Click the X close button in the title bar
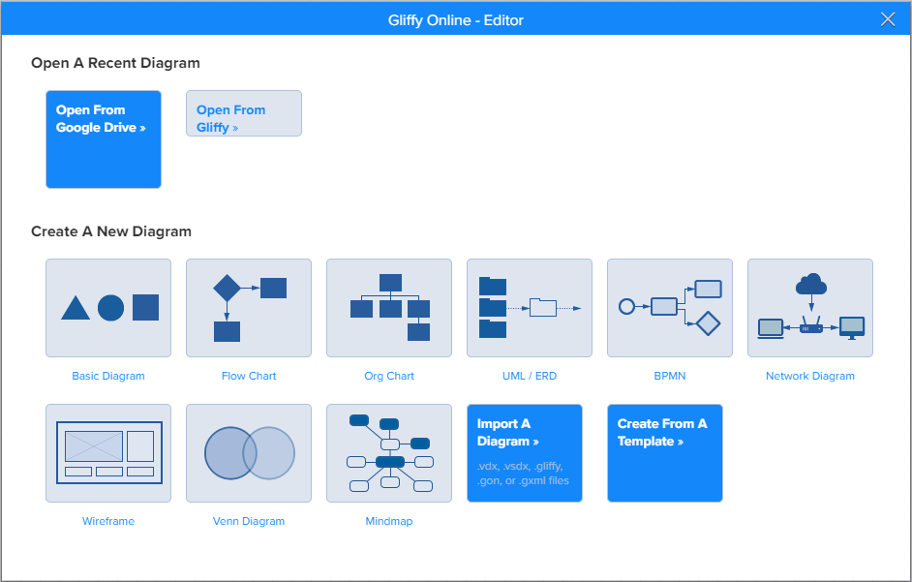tap(888, 19)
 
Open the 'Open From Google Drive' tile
tap(104, 139)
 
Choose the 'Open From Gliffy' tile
tap(244, 113)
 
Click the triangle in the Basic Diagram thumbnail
tap(76, 308)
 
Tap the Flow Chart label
tap(249, 376)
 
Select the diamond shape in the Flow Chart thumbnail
tap(227, 288)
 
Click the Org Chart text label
tap(389, 376)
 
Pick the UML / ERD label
tap(530, 376)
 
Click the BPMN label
tap(669, 376)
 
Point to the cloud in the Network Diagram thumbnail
tap(810, 284)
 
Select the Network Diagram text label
tap(810, 376)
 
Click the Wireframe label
tap(108, 521)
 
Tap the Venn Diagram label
tap(249, 521)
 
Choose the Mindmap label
tap(389, 521)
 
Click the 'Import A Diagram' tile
tap(525, 453)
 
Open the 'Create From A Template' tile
tap(665, 453)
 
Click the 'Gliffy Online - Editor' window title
tap(455, 20)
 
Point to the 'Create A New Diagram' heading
tap(111, 231)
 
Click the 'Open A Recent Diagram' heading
tap(115, 63)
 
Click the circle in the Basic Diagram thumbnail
tap(110, 308)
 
